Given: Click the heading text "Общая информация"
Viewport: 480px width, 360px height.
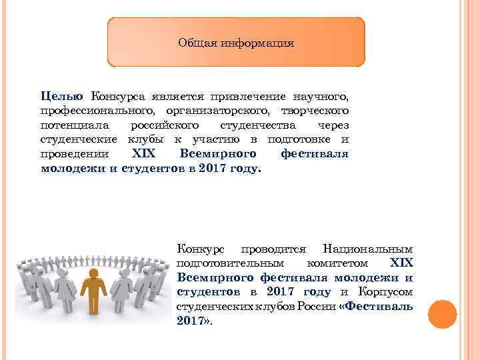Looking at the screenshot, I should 236,43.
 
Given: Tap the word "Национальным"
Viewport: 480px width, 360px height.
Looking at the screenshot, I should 367,249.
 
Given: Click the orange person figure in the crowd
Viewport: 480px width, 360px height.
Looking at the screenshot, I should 93,297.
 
